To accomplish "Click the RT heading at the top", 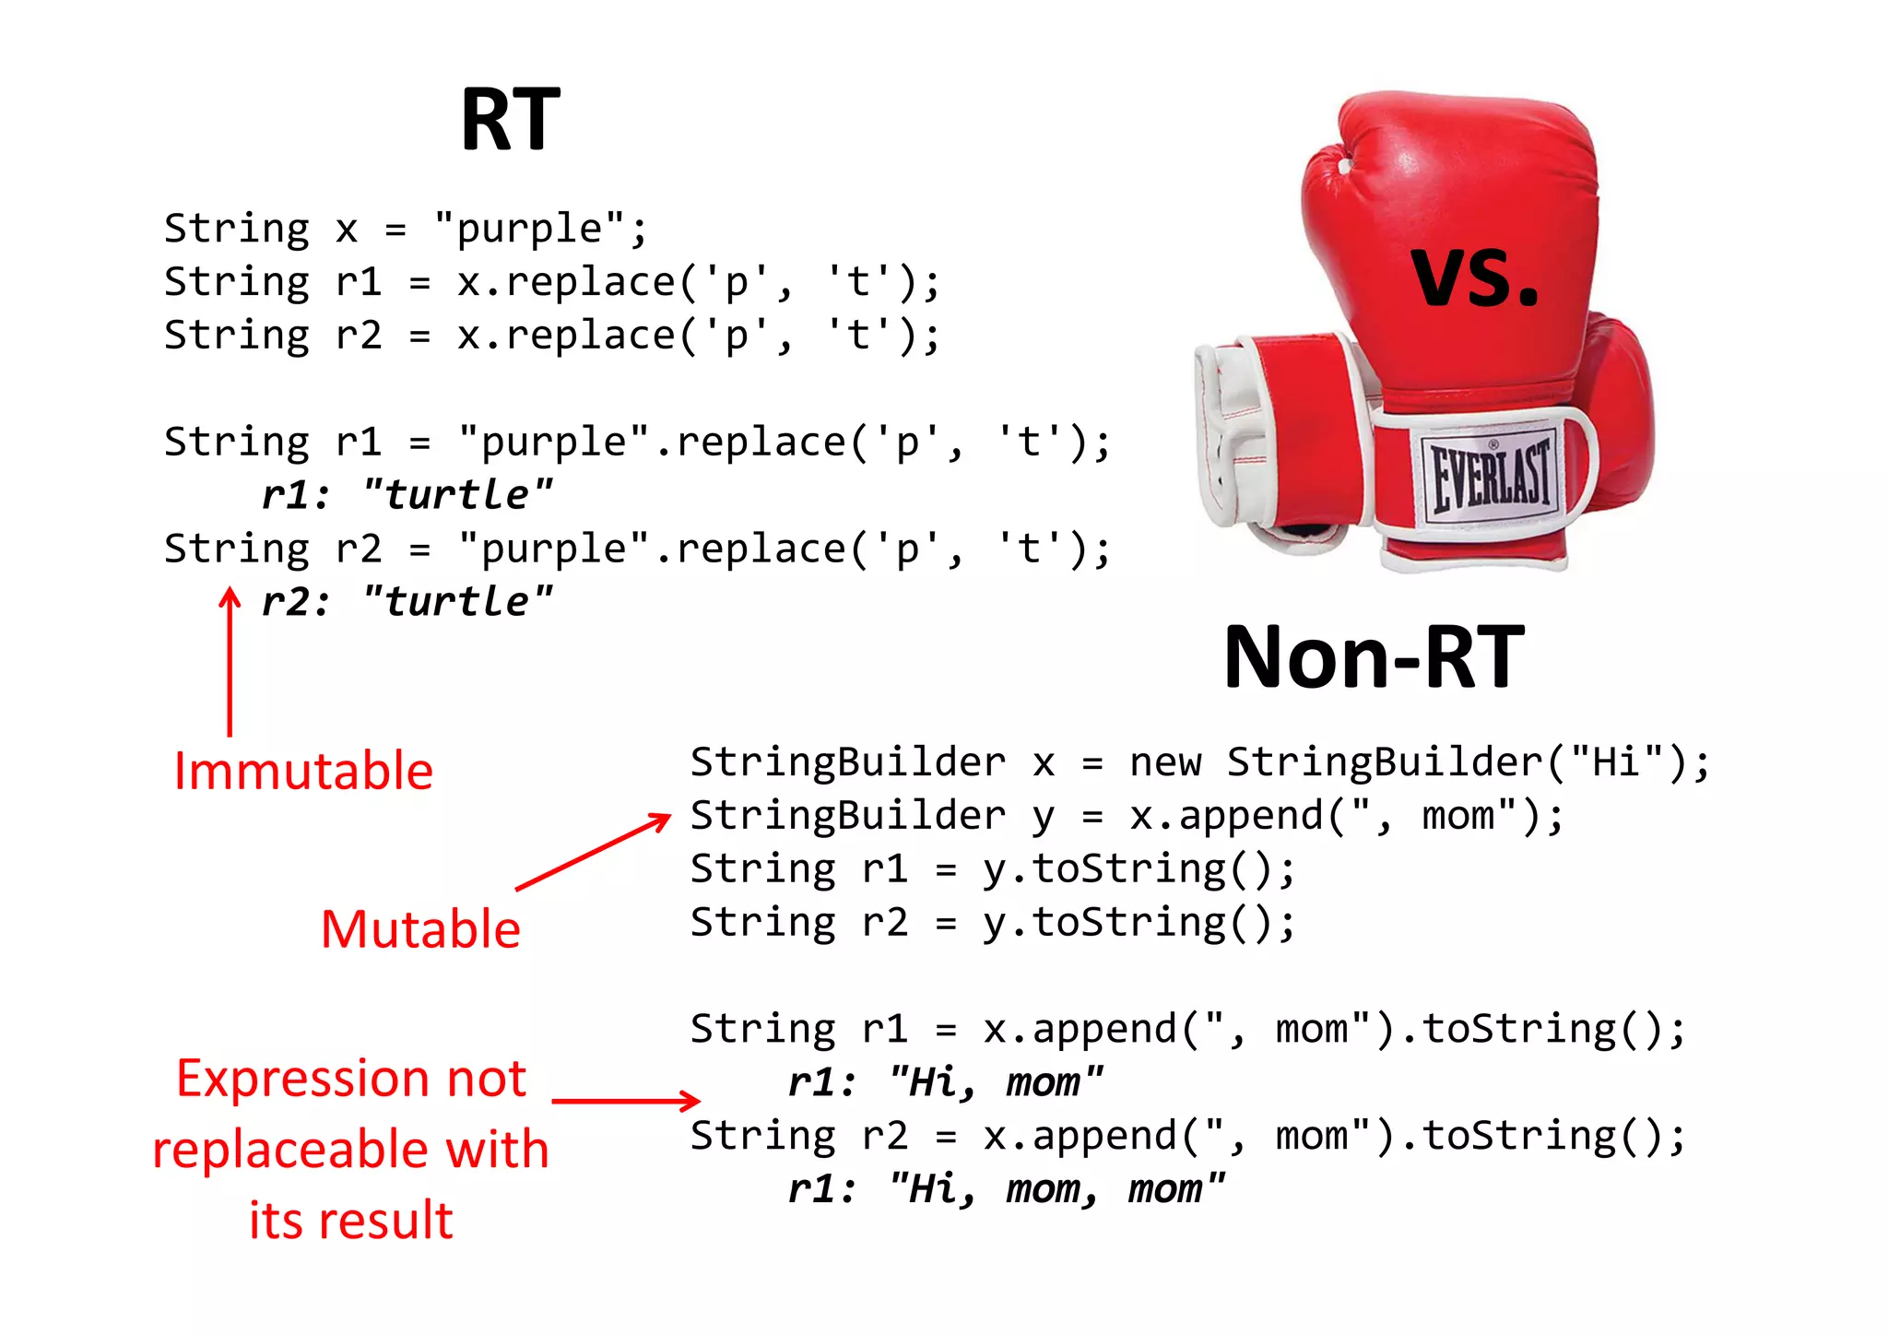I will click(x=510, y=120).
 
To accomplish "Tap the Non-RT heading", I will click(x=1374, y=657).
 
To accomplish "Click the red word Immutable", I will click(x=303, y=771).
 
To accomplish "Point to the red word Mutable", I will click(x=420, y=928).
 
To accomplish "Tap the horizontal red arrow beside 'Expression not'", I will click(x=626, y=1100).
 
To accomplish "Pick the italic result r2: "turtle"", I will click(x=407, y=602).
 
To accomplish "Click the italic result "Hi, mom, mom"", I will click(x=1056, y=1189).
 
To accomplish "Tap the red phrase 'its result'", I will click(x=351, y=1221).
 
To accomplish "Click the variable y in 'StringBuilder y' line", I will click(x=1043, y=817).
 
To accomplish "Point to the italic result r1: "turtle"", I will click(x=407, y=495).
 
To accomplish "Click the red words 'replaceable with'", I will click(x=350, y=1150).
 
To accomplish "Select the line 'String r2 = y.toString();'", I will click(x=993, y=923).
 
